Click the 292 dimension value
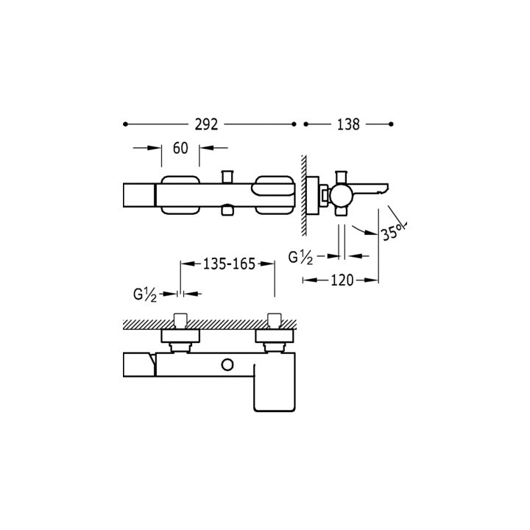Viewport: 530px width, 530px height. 206,124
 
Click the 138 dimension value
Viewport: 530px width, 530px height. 348,124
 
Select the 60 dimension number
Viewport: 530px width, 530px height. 180,148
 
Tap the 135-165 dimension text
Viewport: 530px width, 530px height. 229,264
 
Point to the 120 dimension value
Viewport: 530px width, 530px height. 342,280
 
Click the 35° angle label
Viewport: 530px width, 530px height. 393,231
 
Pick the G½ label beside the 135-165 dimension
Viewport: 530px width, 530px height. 145,294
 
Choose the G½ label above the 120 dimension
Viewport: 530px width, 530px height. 300,258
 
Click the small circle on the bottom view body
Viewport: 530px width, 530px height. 227,364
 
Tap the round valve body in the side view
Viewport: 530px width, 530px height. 342,195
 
